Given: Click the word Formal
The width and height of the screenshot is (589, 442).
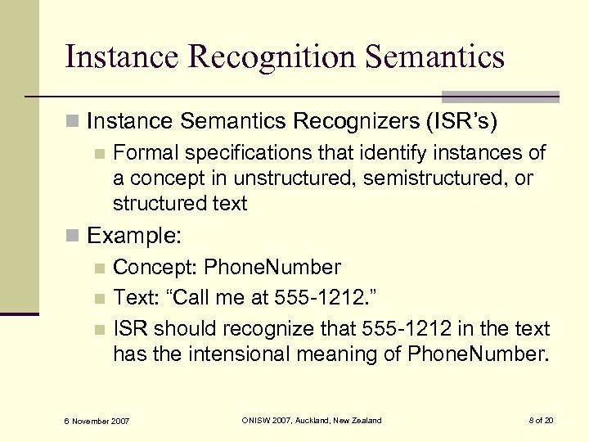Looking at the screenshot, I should (x=145, y=153).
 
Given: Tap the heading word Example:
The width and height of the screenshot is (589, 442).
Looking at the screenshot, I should (x=134, y=237).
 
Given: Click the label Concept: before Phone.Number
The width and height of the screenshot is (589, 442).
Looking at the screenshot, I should (x=155, y=267).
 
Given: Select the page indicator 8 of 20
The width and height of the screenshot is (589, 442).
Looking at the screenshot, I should (x=541, y=420).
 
